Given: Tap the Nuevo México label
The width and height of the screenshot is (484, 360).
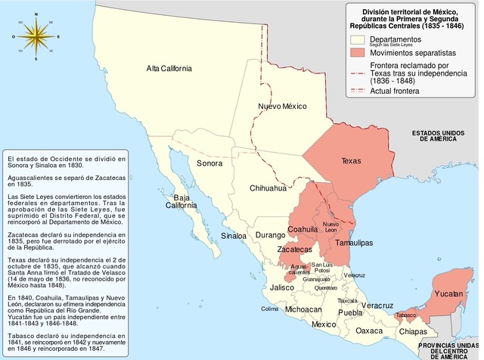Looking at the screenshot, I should pyautogui.click(x=282, y=106).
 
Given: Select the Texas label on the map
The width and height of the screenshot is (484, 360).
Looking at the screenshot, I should pyautogui.click(x=351, y=161).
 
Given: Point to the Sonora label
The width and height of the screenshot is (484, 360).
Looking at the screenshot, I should pyautogui.click(x=209, y=163).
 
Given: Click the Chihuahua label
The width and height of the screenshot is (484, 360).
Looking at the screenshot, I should pyautogui.click(x=268, y=188).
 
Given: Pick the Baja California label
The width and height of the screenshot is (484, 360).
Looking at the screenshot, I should pyautogui.click(x=181, y=202).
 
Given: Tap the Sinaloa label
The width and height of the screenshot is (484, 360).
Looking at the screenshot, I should pyautogui.click(x=234, y=236).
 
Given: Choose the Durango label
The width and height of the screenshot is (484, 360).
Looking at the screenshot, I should pyautogui.click(x=270, y=236).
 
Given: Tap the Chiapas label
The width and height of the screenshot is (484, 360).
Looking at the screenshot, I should pyautogui.click(x=413, y=331).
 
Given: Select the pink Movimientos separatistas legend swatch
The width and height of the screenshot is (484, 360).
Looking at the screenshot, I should pyautogui.click(x=358, y=51).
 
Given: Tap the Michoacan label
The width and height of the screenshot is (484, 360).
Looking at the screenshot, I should pyautogui.click(x=303, y=310).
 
